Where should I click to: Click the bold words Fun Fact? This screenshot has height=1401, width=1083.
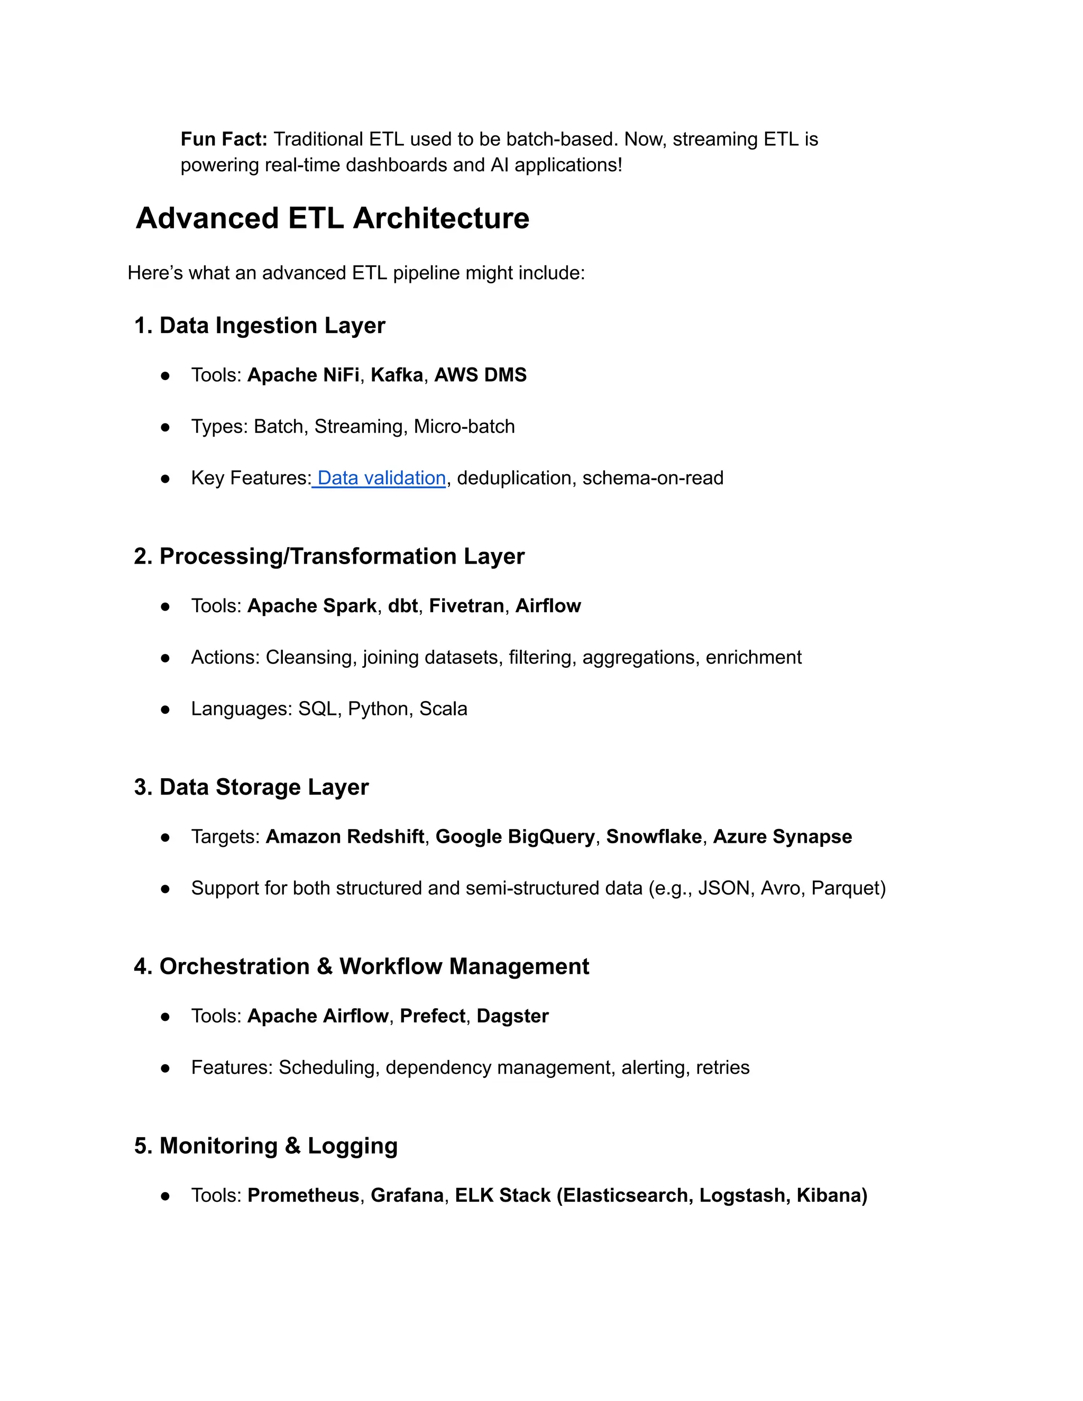click(223, 139)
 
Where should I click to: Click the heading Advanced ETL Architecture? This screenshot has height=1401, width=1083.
click(332, 218)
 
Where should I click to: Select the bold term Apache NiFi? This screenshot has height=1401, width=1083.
click(303, 375)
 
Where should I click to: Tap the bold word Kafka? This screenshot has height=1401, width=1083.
click(397, 375)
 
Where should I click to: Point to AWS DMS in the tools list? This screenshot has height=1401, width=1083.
click(480, 375)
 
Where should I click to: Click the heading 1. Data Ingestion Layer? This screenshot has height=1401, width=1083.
click(259, 325)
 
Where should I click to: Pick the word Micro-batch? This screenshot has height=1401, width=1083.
click(464, 427)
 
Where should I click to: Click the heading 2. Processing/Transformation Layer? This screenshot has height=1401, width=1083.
click(328, 556)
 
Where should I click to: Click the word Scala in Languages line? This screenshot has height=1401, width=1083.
click(443, 709)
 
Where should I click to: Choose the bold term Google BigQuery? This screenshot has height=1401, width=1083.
click(515, 836)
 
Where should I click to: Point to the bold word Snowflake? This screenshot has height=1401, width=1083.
click(653, 836)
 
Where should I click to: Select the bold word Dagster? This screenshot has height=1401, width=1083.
click(512, 1016)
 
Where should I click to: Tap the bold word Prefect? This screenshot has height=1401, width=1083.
click(433, 1016)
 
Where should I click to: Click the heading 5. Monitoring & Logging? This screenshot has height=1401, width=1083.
click(265, 1146)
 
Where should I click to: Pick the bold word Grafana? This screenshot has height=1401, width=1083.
click(407, 1196)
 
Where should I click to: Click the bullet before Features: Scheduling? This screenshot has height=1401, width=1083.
click(166, 1068)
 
